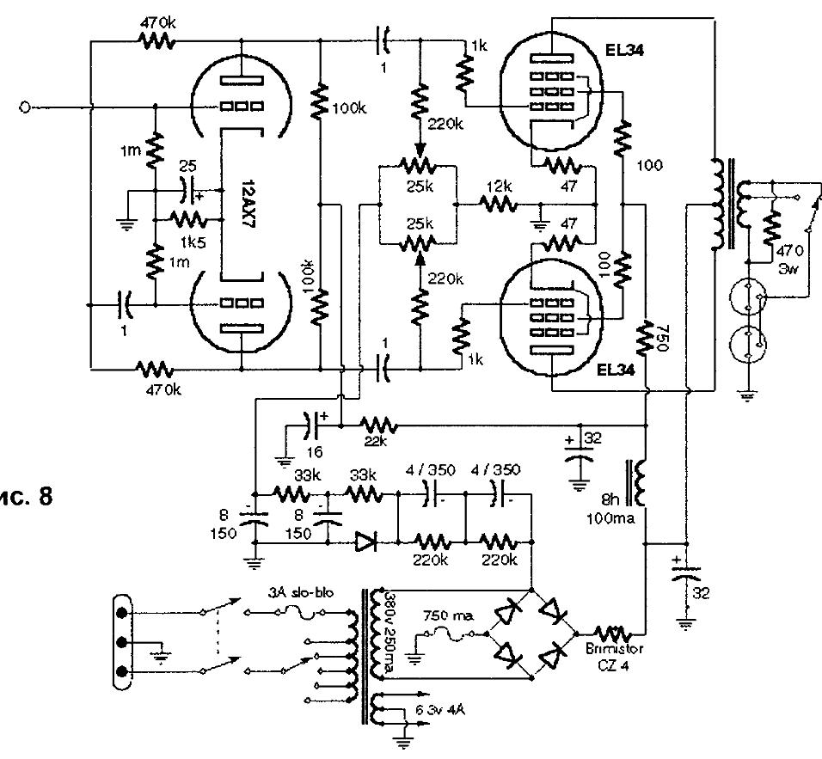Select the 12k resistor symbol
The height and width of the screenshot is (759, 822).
click(x=497, y=204)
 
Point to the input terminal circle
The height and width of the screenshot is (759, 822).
click(x=25, y=107)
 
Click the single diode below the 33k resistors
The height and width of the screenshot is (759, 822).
click(x=365, y=542)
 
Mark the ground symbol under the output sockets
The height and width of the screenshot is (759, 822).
click(x=744, y=395)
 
